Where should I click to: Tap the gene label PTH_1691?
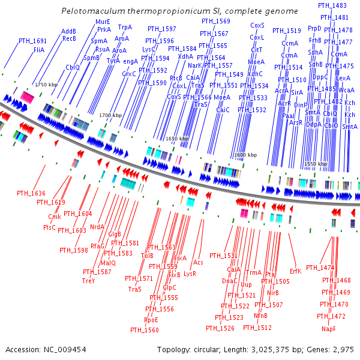[x=32, y=41]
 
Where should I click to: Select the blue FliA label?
[x=39, y=49]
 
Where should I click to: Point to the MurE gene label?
[x=103, y=22]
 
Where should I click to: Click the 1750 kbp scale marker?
[x=46, y=85]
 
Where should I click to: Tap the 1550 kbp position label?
[x=315, y=163]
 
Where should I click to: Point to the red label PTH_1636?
[x=31, y=193]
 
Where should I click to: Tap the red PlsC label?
[x=49, y=227]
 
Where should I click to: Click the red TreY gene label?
[x=89, y=281]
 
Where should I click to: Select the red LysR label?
[x=190, y=273]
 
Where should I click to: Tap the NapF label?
[x=329, y=329]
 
